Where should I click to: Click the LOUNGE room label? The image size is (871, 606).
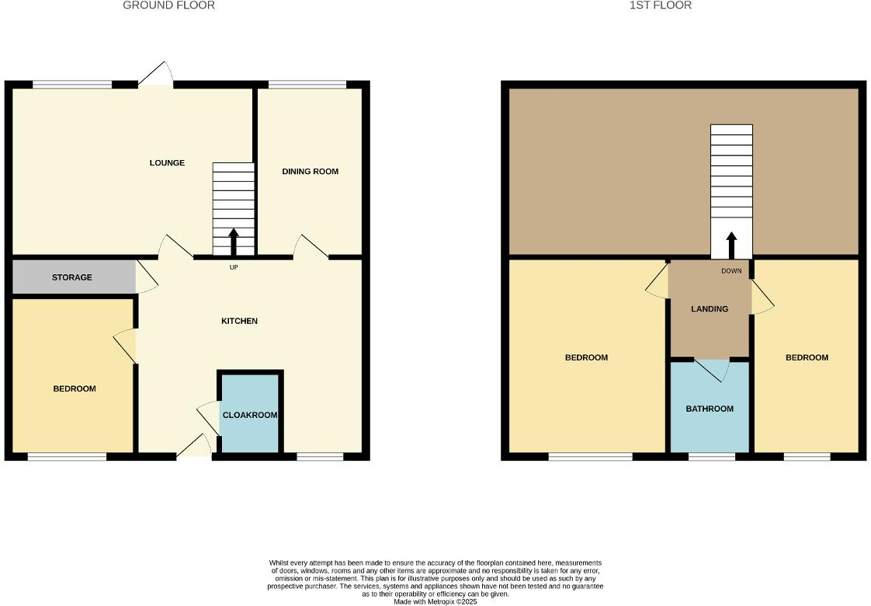pyautogui.click(x=167, y=163)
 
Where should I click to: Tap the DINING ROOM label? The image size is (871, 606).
pyautogui.click(x=310, y=172)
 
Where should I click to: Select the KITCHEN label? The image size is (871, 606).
pyautogui.click(x=239, y=321)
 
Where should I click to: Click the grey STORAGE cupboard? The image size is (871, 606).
pyautogui.click(x=72, y=277)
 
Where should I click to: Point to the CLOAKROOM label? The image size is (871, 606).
pyautogui.click(x=249, y=415)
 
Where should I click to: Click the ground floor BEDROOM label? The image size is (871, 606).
pyautogui.click(x=75, y=388)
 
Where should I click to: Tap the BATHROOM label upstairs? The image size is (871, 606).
pyautogui.click(x=709, y=409)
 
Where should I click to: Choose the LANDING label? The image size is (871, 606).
pyautogui.click(x=710, y=308)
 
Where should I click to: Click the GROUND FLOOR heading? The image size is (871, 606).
pyautogui.click(x=168, y=5)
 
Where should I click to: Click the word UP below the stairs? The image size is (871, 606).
pyautogui.click(x=234, y=268)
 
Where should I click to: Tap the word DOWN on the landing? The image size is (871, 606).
pyautogui.click(x=731, y=271)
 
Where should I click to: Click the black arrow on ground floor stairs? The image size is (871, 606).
pyautogui.click(x=234, y=241)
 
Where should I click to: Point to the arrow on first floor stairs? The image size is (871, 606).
pyautogui.click(x=731, y=245)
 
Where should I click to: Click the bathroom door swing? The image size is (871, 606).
pyautogui.click(x=713, y=371)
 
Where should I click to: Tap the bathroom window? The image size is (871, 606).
pyautogui.click(x=712, y=457)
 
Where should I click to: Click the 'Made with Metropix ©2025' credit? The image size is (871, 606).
pyautogui.click(x=435, y=601)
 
